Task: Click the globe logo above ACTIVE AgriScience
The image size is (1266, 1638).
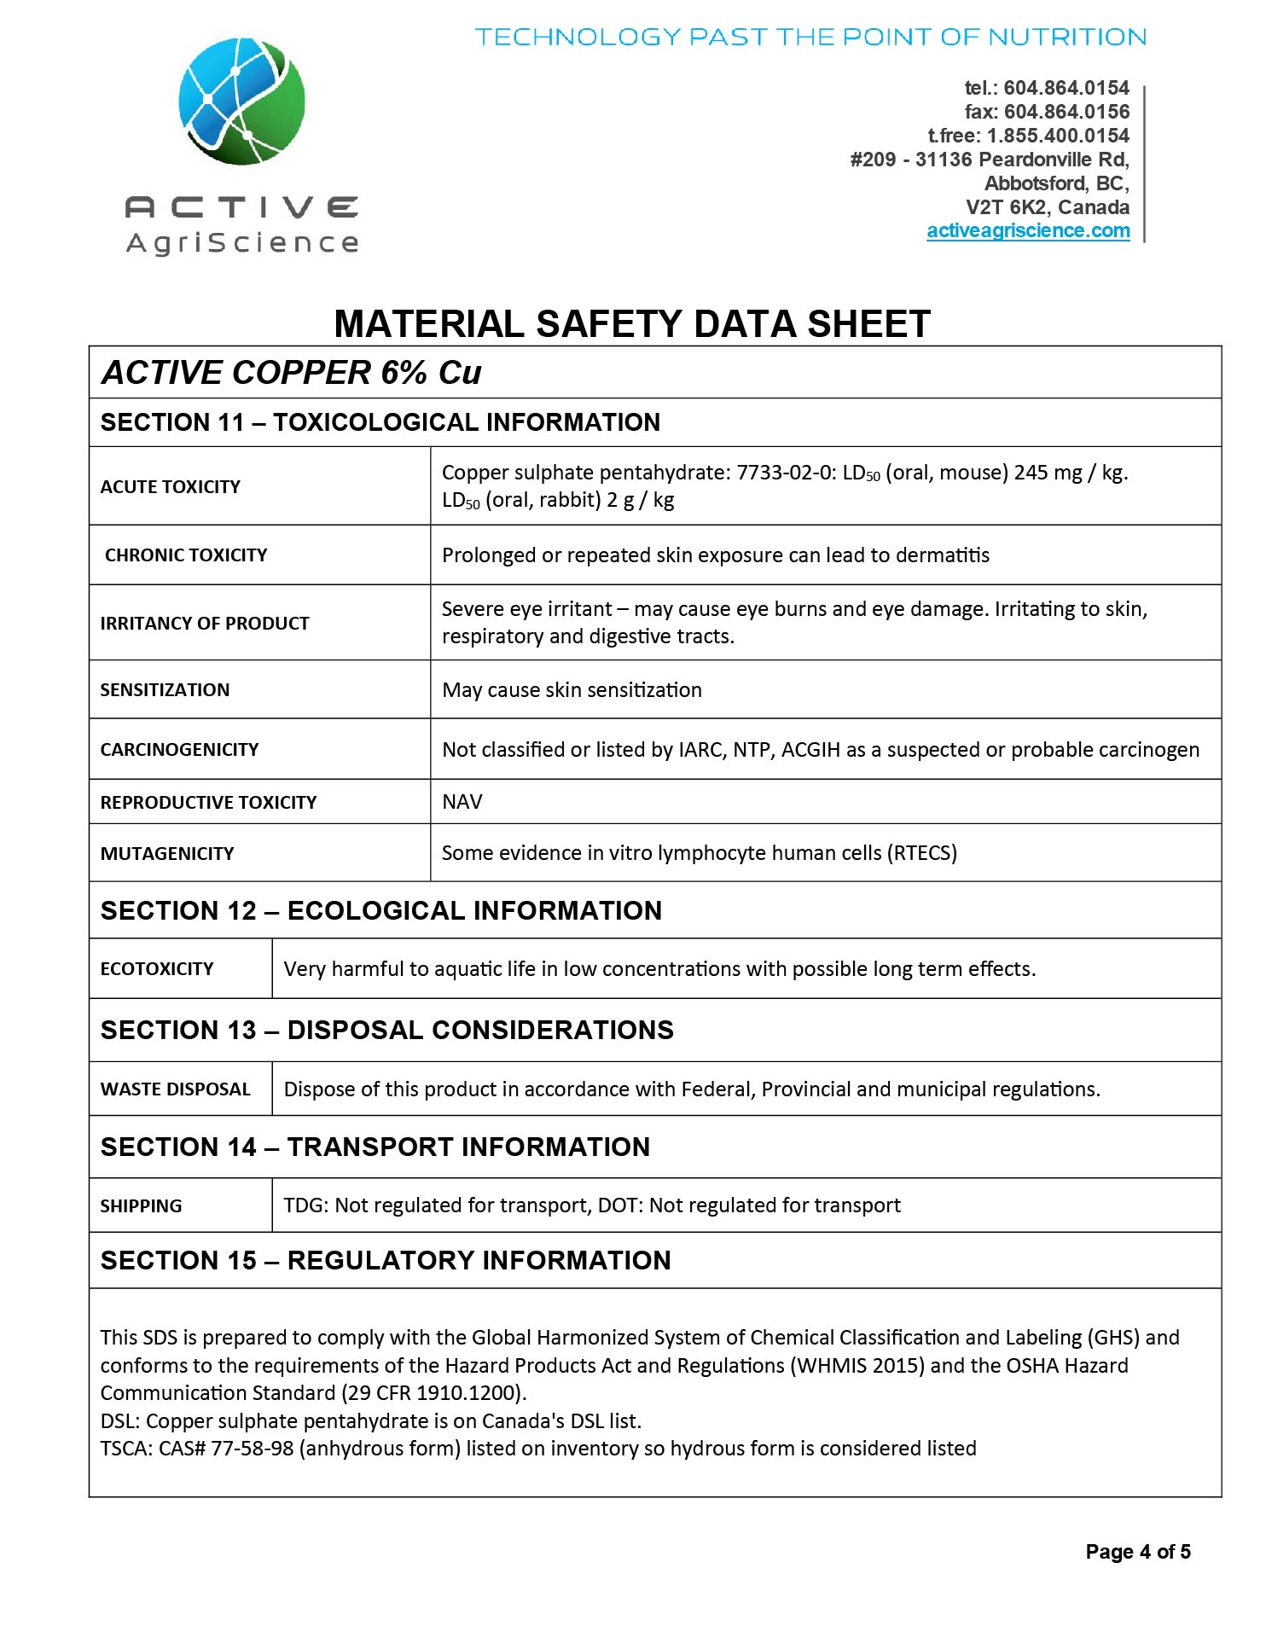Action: (241, 102)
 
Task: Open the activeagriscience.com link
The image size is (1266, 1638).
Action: (1028, 231)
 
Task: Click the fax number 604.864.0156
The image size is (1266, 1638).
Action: (1066, 112)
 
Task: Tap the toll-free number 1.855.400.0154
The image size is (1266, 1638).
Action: (1058, 136)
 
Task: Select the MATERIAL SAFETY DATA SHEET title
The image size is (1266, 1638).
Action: (631, 324)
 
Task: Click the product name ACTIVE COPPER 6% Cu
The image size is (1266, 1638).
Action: (291, 373)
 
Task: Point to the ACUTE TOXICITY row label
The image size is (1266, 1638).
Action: (171, 487)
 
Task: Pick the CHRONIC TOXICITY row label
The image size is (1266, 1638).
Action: (186, 555)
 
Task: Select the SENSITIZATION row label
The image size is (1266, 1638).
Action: (165, 690)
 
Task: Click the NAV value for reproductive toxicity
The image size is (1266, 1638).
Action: (462, 802)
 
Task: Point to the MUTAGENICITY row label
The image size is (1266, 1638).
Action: (167, 854)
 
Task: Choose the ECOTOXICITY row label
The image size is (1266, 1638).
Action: (157, 969)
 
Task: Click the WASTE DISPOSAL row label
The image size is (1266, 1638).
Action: (176, 1089)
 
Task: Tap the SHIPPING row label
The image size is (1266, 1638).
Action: (142, 1206)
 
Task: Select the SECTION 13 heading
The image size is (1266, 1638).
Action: (386, 1031)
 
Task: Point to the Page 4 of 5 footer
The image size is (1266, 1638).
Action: (1137, 1552)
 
